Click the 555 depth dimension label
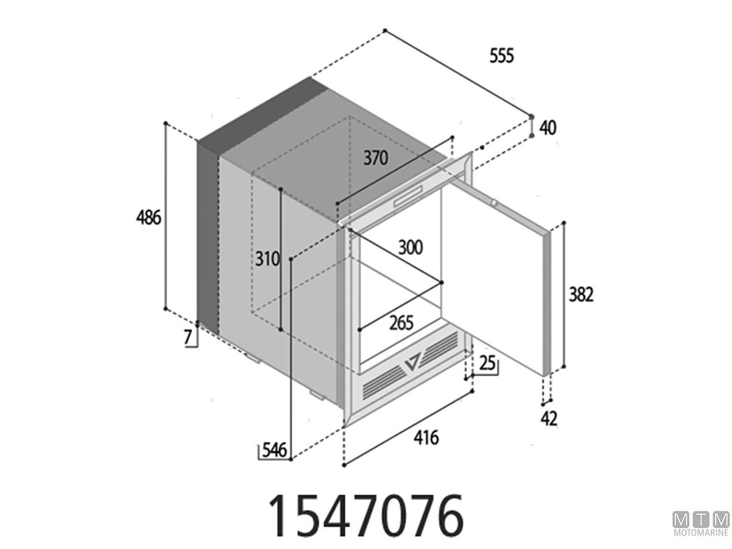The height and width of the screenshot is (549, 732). tap(501, 56)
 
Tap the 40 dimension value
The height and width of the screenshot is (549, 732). tap(548, 128)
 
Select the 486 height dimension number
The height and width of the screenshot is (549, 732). tap(148, 218)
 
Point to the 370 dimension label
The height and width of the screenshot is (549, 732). tap(376, 158)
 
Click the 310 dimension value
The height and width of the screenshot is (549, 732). tap(267, 259)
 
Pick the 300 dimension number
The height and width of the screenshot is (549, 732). tap(411, 248)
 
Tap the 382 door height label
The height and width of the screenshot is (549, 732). tap(581, 295)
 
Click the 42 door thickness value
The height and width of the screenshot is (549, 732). tap(548, 419)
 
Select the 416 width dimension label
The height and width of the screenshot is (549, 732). tap(426, 437)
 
